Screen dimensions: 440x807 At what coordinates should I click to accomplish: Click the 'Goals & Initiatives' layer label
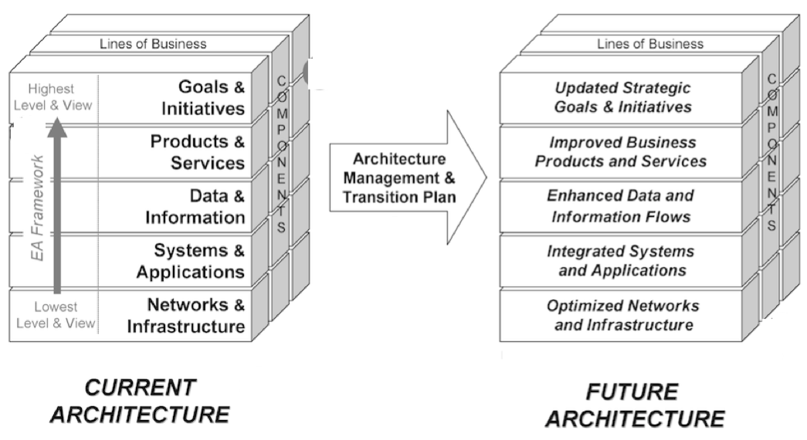203,97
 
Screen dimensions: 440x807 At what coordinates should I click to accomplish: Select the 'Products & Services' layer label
198,152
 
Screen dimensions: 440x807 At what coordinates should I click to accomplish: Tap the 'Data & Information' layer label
195,207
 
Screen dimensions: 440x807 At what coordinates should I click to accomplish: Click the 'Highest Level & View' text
53,98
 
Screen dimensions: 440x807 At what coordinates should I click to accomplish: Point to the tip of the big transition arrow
486,178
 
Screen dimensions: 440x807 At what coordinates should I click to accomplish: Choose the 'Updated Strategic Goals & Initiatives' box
622,97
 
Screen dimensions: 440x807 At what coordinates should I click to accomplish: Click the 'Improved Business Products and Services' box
622,152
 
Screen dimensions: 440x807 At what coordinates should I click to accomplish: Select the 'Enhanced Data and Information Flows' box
622,206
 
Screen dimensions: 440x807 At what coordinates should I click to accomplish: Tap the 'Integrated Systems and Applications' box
622,261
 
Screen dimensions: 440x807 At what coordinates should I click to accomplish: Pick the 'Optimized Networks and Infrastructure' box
622,315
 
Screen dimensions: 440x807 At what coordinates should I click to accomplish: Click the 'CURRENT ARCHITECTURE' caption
140,401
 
